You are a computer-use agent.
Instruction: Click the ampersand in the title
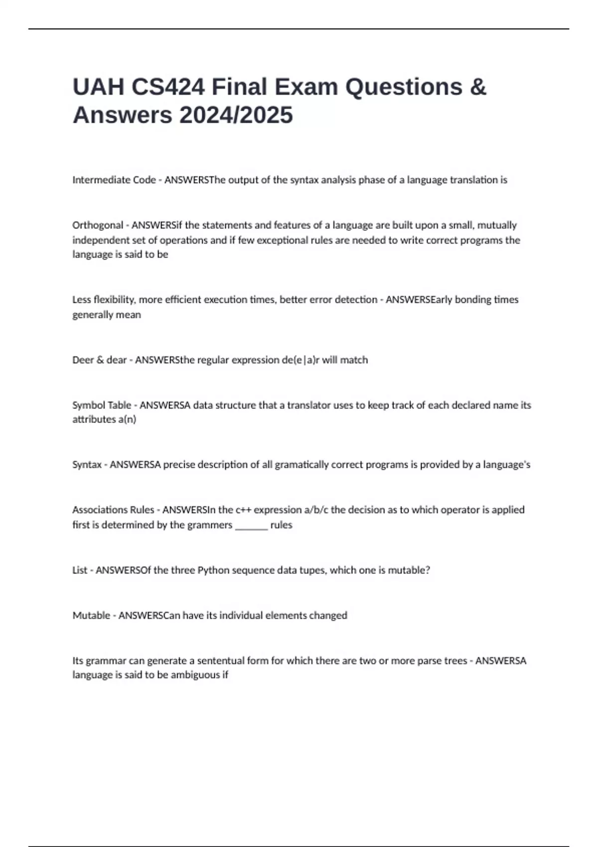(x=477, y=87)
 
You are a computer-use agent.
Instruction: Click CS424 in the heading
(x=168, y=87)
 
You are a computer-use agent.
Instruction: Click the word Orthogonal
(x=98, y=225)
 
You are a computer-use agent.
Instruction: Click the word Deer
(x=83, y=360)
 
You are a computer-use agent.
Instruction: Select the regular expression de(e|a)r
(x=300, y=360)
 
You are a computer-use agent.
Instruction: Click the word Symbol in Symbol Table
(x=86, y=405)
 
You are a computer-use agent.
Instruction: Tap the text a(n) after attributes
(x=127, y=420)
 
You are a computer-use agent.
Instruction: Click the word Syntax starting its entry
(x=87, y=465)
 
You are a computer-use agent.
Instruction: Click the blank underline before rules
(x=251, y=526)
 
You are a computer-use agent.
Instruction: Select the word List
(x=80, y=570)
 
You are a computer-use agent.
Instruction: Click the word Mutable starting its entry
(x=91, y=615)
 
